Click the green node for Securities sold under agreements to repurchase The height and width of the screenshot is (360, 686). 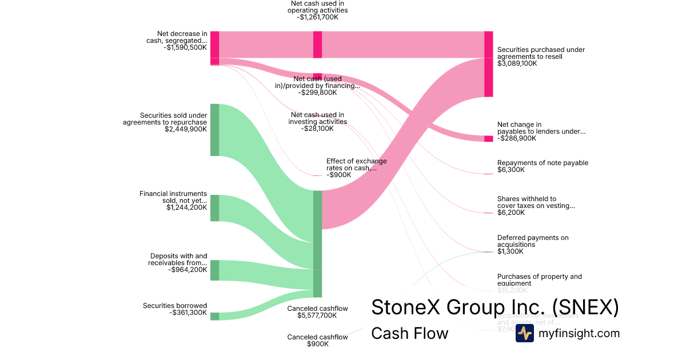pyautogui.click(x=214, y=130)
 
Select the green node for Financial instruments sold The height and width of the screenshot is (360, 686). pyautogui.click(x=214, y=208)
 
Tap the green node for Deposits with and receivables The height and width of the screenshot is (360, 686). pyautogui.click(x=214, y=270)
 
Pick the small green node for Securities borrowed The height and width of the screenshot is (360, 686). pyautogui.click(x=214, y=316)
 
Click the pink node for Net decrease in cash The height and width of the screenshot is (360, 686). pyautogui.click(x=214, y=48)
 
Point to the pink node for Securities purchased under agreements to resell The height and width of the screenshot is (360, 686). pyautogui.click(x=488, y=64)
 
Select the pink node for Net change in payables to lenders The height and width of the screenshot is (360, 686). pyautogui.click(x=488, y=139)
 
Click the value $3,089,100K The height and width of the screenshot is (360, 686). pyautogui.click(x=517, y=63)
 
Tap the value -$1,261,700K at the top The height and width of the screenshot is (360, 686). pyautogui.click(x=318, y=17)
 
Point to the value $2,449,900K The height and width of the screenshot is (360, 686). pyautogui.click(x=185, y=129)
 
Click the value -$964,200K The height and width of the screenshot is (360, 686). pyautogui.click(x=188, y=270)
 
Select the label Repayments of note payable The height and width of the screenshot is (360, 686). pyautogui.click(x=543, y=163)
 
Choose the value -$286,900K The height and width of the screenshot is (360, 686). pyautogui.click(x=517, y=138)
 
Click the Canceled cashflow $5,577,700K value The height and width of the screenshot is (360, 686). pyautogui.click(x=317, y=315)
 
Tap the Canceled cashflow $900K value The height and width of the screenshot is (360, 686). pyautogui.click(x=317, y=344)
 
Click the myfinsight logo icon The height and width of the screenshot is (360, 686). pyautogui.click(x=524, y=333)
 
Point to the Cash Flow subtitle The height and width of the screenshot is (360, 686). pyautogui.click(x=410, y=333)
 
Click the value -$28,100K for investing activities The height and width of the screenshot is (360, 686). pyautogui.click(x=317, y=129)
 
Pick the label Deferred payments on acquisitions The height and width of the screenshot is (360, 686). pyautogui.click(x=533, y=241)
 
